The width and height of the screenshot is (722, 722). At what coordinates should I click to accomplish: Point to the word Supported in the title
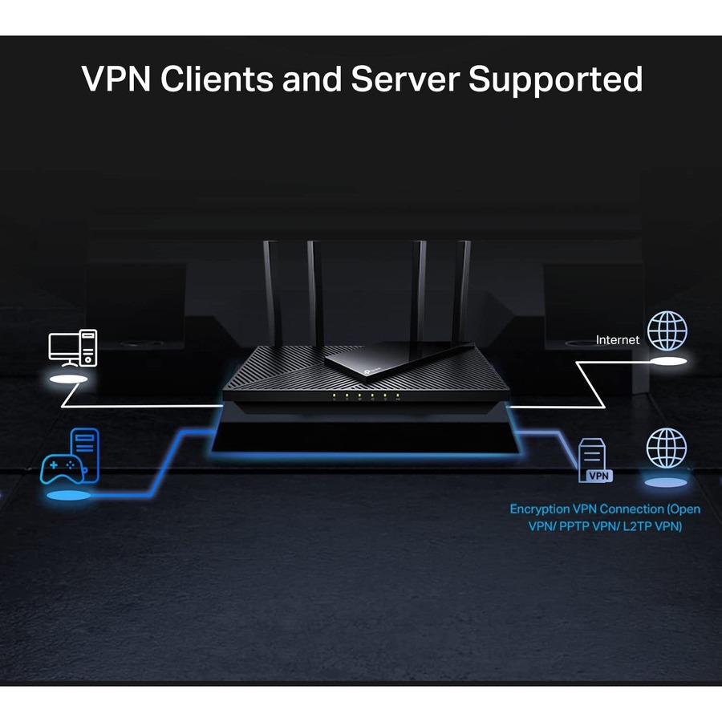click(x=555, y=80)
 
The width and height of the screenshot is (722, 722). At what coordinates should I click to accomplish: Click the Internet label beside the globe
click(x=618, y=340)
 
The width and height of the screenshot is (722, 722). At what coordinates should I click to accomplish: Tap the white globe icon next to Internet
click(x=667, y=331)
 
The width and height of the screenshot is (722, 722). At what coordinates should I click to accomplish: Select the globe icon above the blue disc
click(x=667, y=448)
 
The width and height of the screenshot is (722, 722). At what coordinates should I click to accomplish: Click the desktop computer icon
click(x=73, y=348)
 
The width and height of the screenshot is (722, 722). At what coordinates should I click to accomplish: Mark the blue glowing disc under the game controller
click(x=68, y=497)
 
